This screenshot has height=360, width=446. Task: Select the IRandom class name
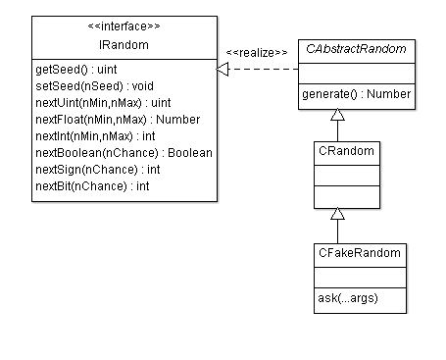[123, 44]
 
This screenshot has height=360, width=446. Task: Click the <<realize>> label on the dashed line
[256, 52]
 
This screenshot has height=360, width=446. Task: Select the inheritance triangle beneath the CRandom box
[337, 214]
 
